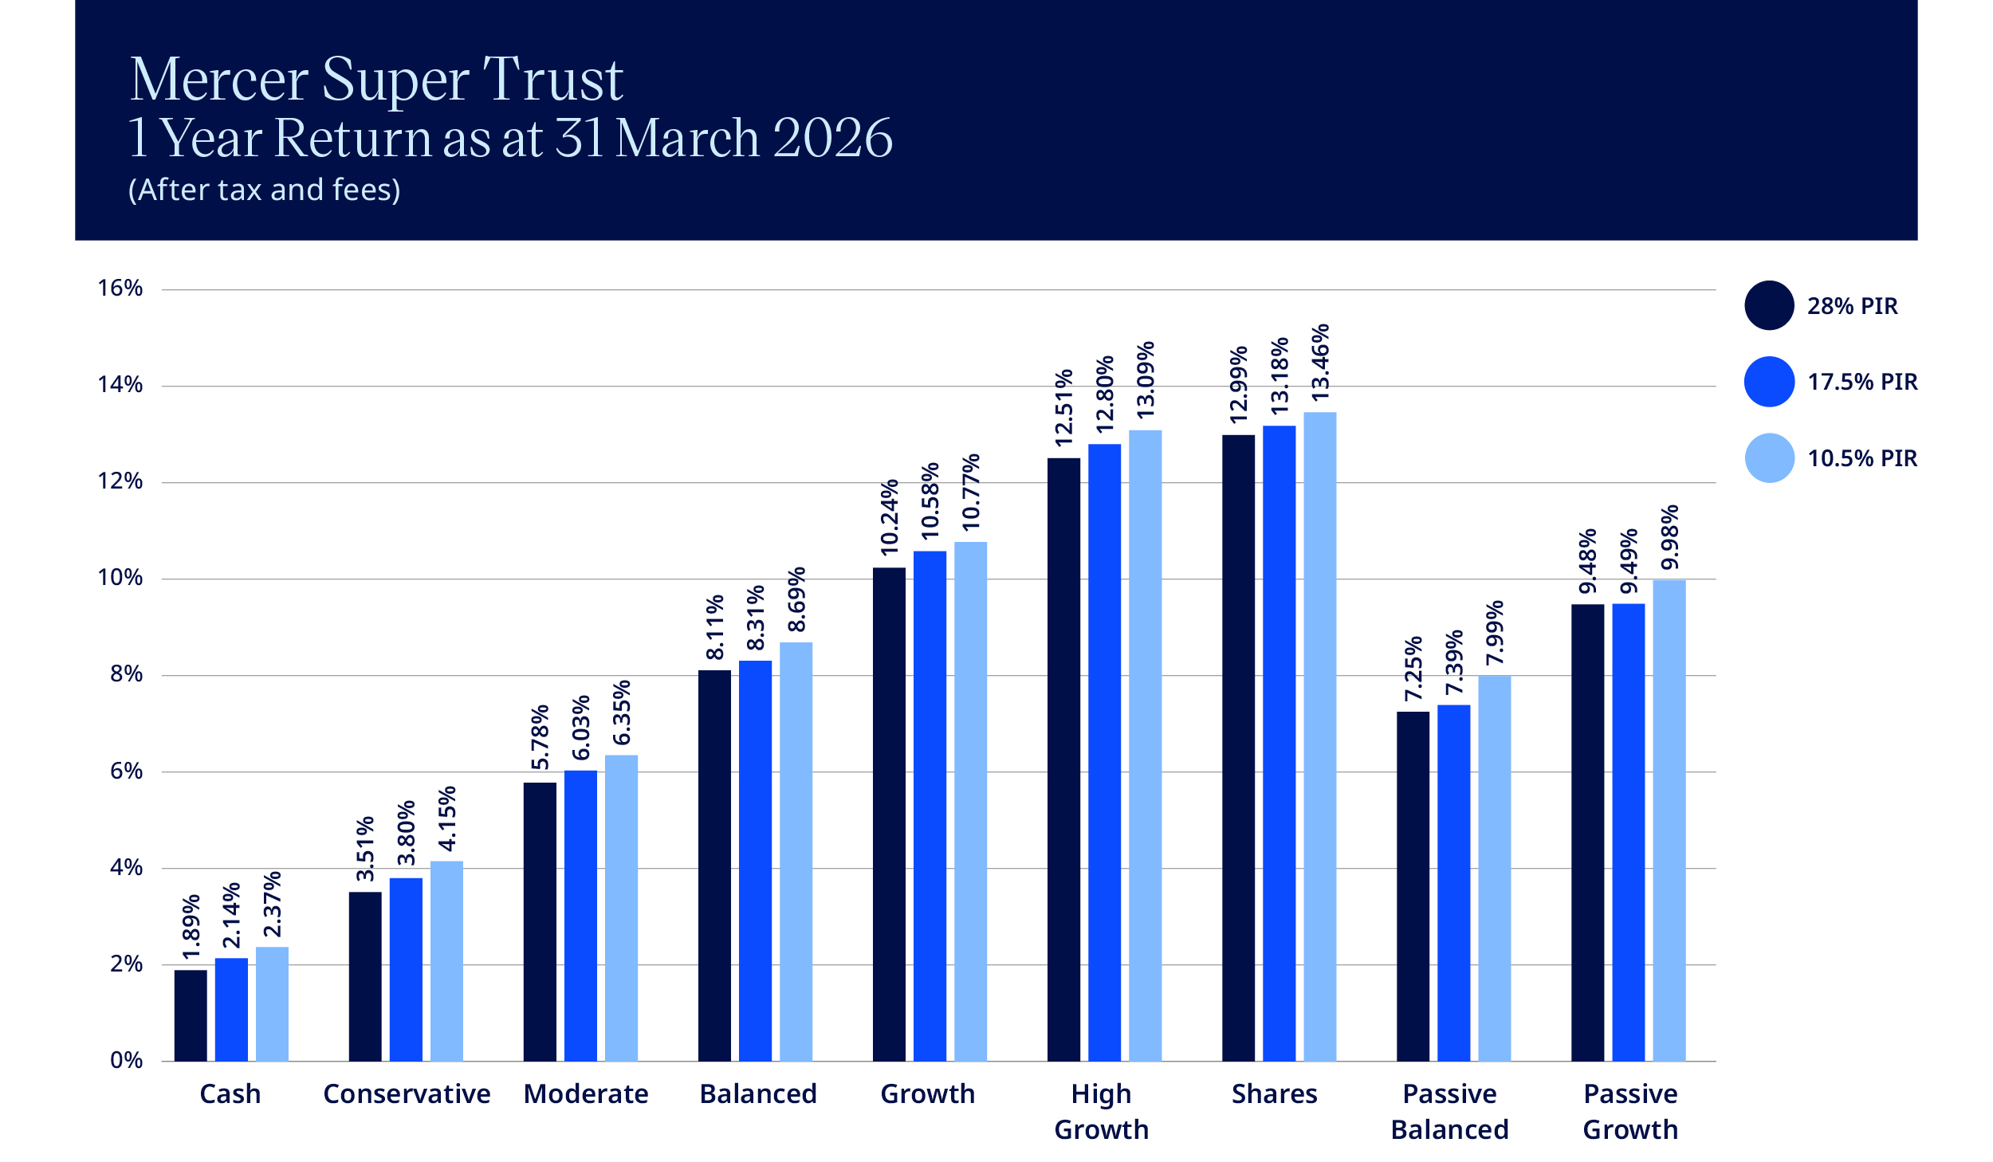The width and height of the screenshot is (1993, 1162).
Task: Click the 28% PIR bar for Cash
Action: coord(191,1015)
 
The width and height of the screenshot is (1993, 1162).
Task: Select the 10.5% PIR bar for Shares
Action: coord(1320,736)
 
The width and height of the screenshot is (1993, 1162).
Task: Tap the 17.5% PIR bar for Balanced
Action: coord(755,861)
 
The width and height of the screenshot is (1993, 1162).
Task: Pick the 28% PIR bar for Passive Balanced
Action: coord(1413,886)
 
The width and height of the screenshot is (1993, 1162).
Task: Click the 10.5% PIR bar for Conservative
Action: coord(446,961)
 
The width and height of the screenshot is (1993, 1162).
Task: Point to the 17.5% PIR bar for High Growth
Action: coord(1104,752)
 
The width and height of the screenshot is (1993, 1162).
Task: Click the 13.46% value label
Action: coord(1320,363)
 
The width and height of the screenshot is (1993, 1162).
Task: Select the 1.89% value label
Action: coord(191,927)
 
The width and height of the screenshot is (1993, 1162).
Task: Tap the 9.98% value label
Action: coord(1669,537)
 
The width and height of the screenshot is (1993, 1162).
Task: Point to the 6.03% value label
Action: coord(581,728)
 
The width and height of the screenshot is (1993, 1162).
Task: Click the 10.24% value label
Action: coord(889,517)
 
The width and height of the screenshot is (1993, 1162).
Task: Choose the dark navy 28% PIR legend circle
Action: coord(1769,305)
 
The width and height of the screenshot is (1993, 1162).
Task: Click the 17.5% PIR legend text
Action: coord(1862,382)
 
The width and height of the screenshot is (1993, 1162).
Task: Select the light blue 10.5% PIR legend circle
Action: coord(1769,458)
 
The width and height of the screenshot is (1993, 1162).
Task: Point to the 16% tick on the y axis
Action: coord(120,288)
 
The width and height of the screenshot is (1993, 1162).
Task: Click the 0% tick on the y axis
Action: coord(127,1060)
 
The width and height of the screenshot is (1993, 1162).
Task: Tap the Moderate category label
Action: coord(586,1094)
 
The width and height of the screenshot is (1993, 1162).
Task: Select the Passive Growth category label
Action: coord(1630,1112)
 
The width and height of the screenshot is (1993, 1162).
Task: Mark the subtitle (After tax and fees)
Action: coord(265,190)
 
